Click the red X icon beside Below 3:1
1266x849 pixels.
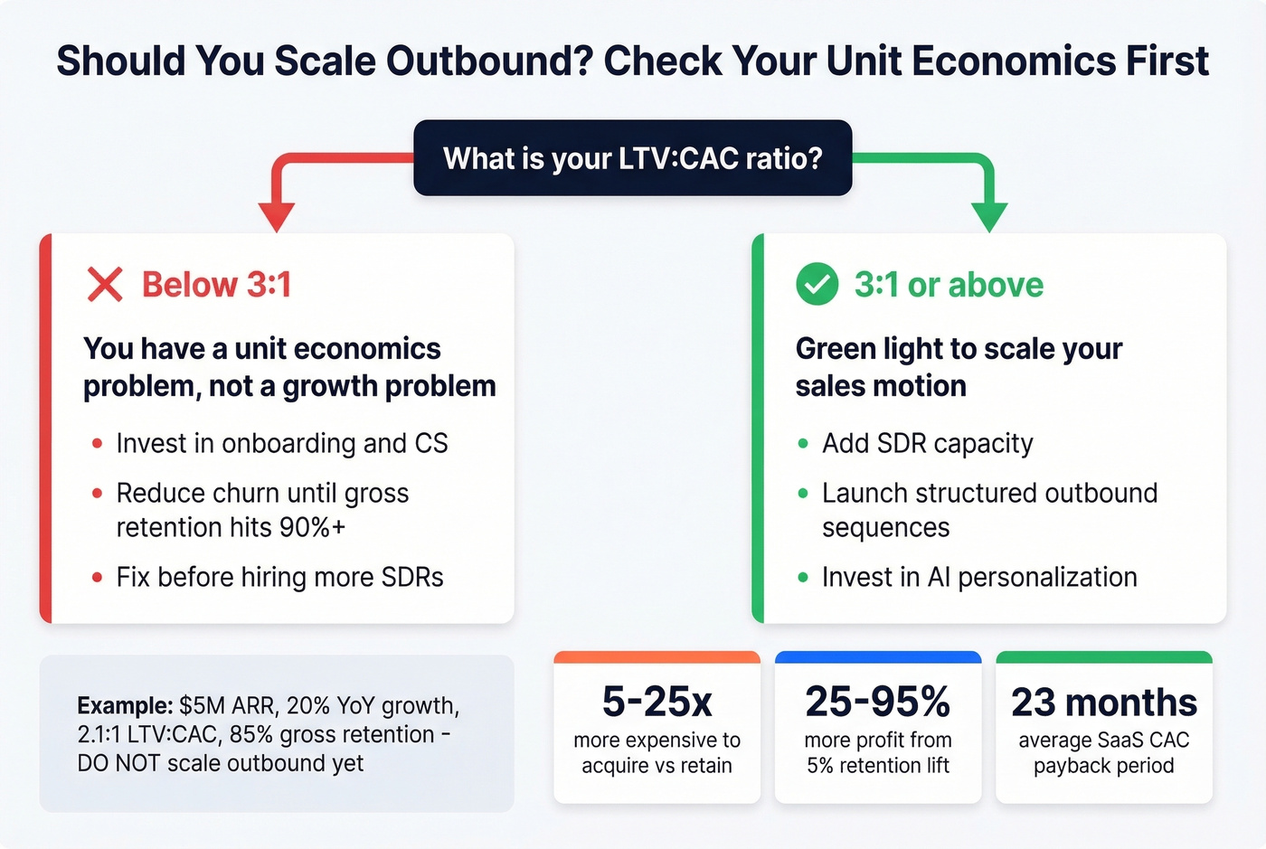click(x=105, y=285)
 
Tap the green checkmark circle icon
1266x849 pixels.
click(x=817, y=285)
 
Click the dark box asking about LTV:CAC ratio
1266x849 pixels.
click(x=632, y=158)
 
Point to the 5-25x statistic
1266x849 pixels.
click(x=657, y=702)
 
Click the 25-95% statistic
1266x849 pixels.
click(x=877, y=702)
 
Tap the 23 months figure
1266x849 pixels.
click(x=1103, y=702)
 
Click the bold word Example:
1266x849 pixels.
click(x=124, y=706)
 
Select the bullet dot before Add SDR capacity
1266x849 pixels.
click(x=803, y=444)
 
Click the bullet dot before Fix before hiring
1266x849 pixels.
click(x=97, y=578)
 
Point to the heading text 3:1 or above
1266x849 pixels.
click(x=949, y=285)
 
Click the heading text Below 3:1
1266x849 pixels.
click(x=216, y=285)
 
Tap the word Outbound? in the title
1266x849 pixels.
click(x=489, y=61)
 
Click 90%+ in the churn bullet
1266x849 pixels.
click(x=312, y=528)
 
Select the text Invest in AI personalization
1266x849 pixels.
click(x=979, y=578)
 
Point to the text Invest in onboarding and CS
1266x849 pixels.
click(x=282, y=444)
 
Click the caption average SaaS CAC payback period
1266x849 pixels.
click(x=1103, y=753)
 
